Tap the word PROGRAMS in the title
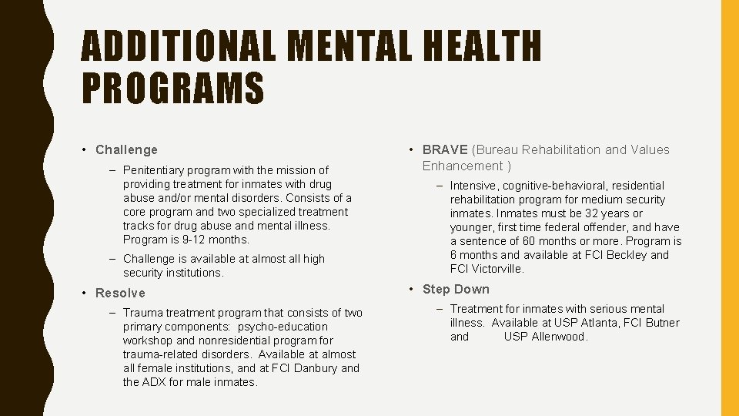(172, 87)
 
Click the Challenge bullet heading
(126, 149)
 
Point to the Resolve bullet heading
(120, 293)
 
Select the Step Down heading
(456, 289)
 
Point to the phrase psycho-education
(282, 327)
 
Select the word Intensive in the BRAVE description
(473, 186)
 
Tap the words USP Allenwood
(545, 337)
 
